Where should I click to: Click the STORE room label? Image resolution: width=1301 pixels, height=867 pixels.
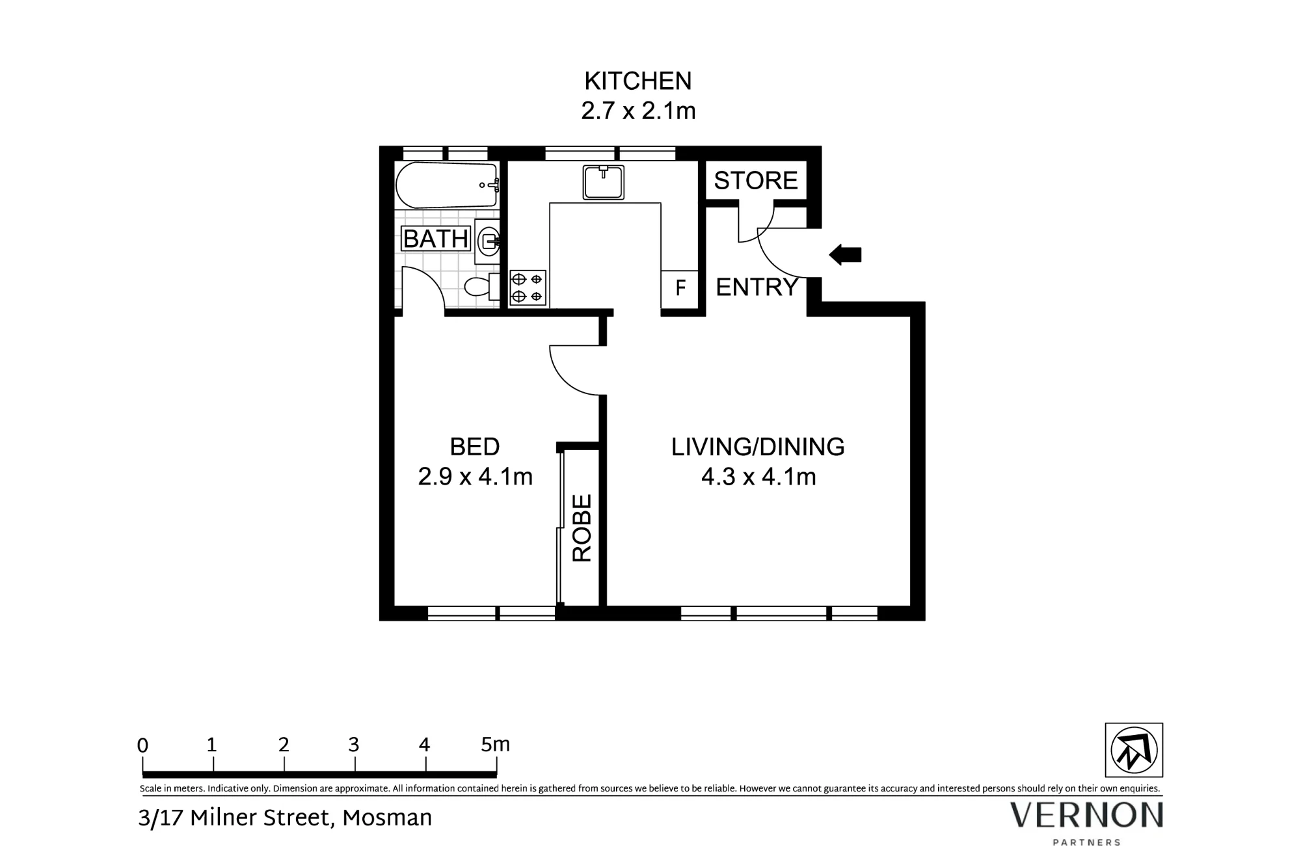tap(755, 180)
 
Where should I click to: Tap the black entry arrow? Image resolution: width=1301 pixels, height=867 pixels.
tap(845, 255)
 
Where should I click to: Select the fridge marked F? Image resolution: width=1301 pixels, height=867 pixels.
tap(680, 287)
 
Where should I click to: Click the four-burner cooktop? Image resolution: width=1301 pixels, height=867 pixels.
tap(528, 288)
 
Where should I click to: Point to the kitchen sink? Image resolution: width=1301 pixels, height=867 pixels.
tap(604, 182)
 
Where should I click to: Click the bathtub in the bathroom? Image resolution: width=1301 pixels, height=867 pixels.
tap(447, 185)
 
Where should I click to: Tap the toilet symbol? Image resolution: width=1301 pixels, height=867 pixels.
tap(482, 286)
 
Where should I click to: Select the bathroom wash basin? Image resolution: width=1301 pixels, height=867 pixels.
tap(487, 241)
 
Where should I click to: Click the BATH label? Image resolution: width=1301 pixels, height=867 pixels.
tap(436, 239)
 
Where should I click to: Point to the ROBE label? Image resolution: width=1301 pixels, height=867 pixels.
tap(582, 528)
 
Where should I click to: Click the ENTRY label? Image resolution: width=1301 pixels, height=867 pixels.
tap(757, 287)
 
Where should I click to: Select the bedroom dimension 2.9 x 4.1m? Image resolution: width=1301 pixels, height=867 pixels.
tap(475, 477)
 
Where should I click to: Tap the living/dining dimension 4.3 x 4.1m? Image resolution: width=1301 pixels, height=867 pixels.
tap(758, 477)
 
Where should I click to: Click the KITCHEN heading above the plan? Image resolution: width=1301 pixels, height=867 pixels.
tap(638, 81)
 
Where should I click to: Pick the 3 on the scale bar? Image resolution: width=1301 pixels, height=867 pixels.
tap(354, 745)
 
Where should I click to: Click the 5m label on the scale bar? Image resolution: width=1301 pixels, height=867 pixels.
tap(496, 745)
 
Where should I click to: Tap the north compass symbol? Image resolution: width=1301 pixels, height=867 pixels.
tap(1134, 750)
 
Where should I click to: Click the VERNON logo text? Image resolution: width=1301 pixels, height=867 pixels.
tap(1086, 815)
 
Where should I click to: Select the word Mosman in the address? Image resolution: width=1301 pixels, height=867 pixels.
tap(387, 818)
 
